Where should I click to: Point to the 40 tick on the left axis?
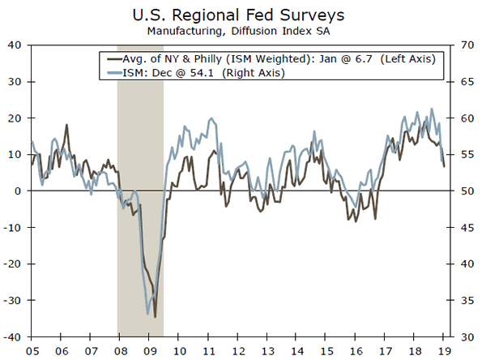click(x=15, y=45)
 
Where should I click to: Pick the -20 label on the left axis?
click(x=13, y=264)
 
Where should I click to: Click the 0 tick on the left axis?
click(x=19, y=191)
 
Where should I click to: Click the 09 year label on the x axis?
click(x=148, y=349)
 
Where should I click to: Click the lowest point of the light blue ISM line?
click(x=147, y=315)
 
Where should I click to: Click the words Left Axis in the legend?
click(x=408, y=59)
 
